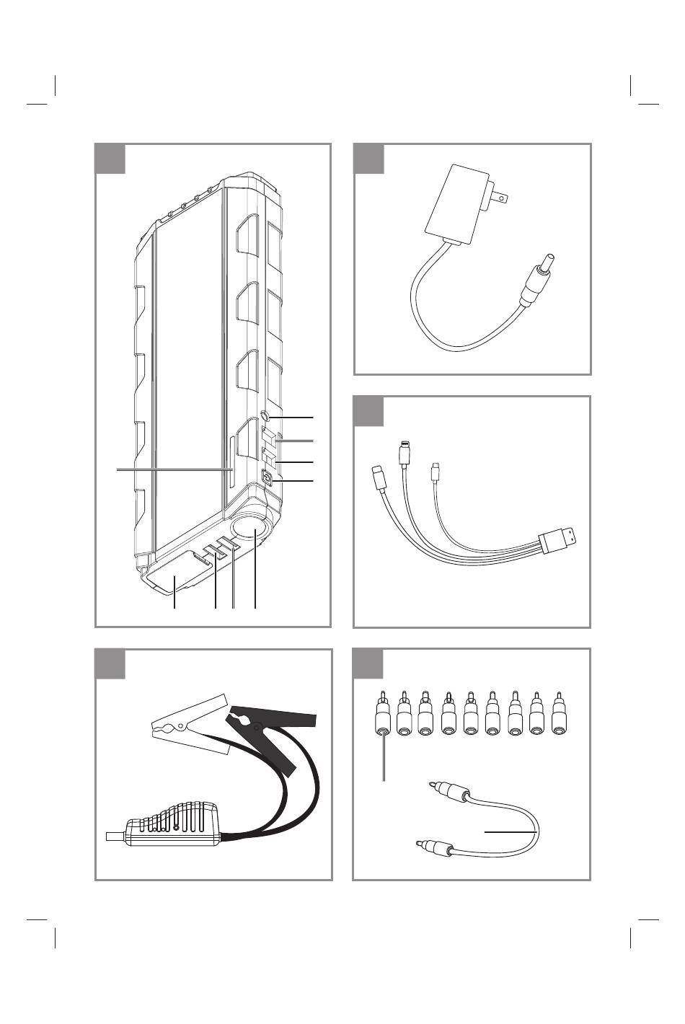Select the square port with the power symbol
[268, 477]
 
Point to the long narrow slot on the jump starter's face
[231, 472]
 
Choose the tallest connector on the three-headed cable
[405, 456]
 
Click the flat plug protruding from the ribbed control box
[114, 837]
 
